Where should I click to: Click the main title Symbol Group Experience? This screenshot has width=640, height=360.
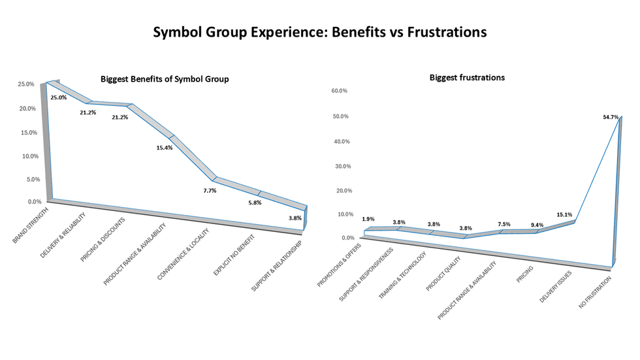(x=319, y=32)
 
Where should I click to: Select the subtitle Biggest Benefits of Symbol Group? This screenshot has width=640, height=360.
(x=165, y=79)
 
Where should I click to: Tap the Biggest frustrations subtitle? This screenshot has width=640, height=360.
(x=467, y=77)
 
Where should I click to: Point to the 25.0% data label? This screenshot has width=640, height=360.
(x=59, y=98)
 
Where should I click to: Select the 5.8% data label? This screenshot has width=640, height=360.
(x=255, y=203)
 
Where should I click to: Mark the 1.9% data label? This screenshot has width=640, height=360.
(x=368, y=219)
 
